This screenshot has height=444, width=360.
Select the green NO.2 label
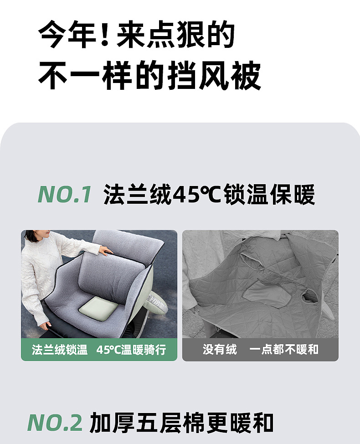point(55,423)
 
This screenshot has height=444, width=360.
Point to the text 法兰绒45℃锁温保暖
point(209,195)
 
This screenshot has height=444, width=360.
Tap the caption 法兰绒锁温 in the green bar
point(59,350)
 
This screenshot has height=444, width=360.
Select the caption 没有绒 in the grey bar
point(220,350)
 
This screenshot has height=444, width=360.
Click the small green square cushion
point(98,310)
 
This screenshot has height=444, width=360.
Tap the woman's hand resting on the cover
point(106,250)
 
